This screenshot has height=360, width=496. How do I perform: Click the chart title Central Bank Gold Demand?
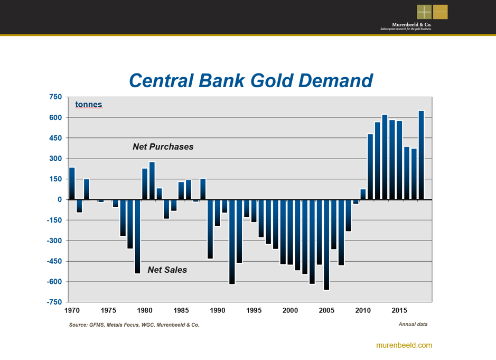pyautogui.click(x=251, y=80)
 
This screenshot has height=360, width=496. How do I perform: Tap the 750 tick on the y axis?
pyautogui.click(x=55, y=97)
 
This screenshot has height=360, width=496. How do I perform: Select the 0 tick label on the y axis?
pyautogui.click(x=60, y=199)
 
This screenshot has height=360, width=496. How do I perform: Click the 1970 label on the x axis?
pyautogui.click(x=72, y=311)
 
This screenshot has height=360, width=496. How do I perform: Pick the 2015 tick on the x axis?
pyautogui.click(x=399, y=311)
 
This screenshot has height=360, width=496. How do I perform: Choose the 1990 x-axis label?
pyautogui.click(x=218, y=311)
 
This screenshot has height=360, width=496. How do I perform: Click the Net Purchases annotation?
pyautogui.click(x=163, y=147)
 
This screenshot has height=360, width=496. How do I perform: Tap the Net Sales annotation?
pyautogui.click(x=167, y=270)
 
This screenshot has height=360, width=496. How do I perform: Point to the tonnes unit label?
pyautogui.click(x=88, y=105)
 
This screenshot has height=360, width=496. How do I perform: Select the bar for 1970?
pyautogui.click(x=72, y=183)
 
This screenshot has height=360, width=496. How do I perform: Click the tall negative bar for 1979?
pyautogui.click(x=137, y=236)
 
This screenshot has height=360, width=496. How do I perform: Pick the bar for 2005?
pyautogui.click(x=326, y=244)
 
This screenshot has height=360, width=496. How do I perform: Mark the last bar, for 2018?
pyautogui.click(x=421, y=155)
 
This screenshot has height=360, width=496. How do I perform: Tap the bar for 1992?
pyautogui.click(x=232, y=242)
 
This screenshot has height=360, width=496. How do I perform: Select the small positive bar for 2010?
pyautogui.click(x=363, y=194)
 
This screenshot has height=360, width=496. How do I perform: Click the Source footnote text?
pyautogui.click(x=134, y=325)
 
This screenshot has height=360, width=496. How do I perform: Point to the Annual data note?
pyautogui.click(x=413, y=324)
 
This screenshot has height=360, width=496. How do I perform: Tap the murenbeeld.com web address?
pyautogui.click(x=404, y=345)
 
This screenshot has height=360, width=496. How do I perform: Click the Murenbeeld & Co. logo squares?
pyautogui.click(x=432, y=12)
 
